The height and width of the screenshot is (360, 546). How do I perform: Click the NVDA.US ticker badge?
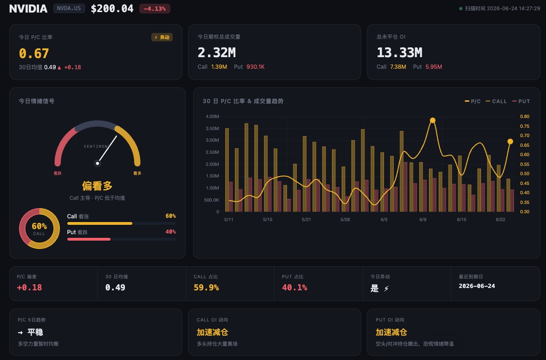click(x=69, y=8)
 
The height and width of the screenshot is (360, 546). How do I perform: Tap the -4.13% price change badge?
click(x=155, y=9)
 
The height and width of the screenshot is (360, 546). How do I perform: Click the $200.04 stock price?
click(x=112, y=9)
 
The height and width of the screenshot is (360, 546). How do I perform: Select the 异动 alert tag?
click(x=162, y=37)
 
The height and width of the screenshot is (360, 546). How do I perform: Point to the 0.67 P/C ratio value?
click(x=34, y=53)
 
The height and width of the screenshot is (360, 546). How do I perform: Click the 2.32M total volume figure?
click(x=216, y=52)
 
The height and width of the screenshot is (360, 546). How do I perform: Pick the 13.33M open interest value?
click(x=399, y=52)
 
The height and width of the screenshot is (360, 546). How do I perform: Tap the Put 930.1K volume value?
click(x=255, y=66)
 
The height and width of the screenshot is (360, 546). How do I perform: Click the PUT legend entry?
click(x=521, y=101)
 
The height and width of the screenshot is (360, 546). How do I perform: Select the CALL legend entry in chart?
click(x=496, y=101)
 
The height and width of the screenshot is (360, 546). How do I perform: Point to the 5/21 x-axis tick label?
click(x=306, y=220)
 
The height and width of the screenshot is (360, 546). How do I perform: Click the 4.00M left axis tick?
click(x=212, y=117)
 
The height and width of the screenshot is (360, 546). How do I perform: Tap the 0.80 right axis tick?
click(x=525, y=117)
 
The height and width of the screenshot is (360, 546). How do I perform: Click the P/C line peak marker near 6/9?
click(x=433, y=120)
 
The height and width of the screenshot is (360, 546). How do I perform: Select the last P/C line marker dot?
click(x=510, y=142)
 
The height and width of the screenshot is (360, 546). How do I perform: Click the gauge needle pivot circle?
click(x=97, y=163)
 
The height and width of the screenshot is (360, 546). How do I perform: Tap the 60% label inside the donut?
click(x=39, y=226)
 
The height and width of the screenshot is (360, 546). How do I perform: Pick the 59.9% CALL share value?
click(x=206, y=288)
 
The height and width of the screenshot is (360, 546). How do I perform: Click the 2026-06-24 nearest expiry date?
click(x=477, y=286)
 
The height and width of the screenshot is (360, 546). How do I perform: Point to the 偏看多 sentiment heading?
click(x=97, y=186)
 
